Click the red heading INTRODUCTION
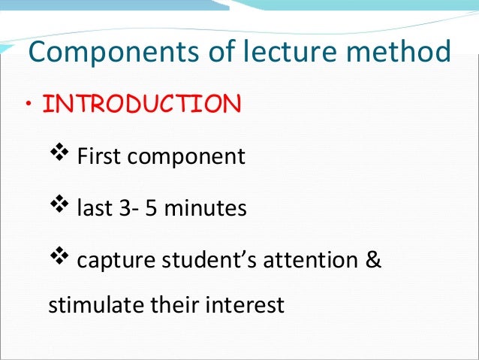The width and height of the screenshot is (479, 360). (x=142, y=104)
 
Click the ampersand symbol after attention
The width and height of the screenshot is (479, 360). (x=374, y=261)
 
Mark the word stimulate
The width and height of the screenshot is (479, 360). (x=86, y=306)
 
